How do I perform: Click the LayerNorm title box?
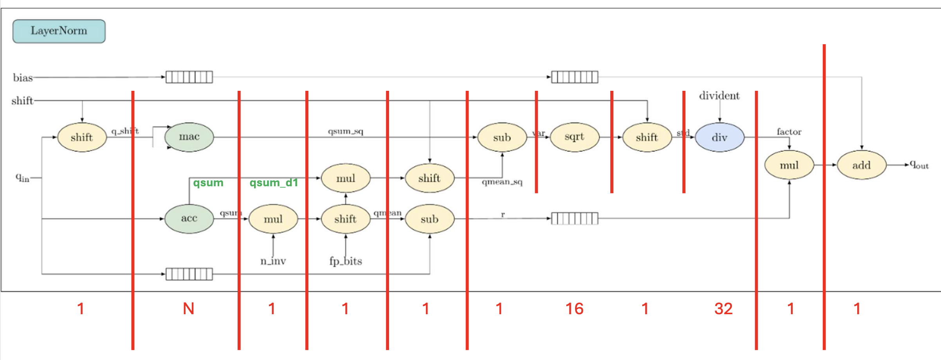click(x=59, y=31)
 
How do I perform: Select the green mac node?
click(x=189, y=137)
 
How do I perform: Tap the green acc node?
click(x=189, y=218)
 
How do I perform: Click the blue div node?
click(x=719, y=137)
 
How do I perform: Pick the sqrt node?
click(x=574, y=137)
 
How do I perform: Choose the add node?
click(x=861, y=166)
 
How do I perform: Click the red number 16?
click(x=574, y=309)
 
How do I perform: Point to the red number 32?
click(x=723, y=309)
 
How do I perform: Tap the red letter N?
click(x=189, y=309)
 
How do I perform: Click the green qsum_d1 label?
click(x=274, y=183)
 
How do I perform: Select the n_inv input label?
click(x=273, y=261)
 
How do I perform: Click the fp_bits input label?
click(x=345, y=261)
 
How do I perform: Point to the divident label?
click(x=719, y=96)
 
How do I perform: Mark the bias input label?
click(x=23, y=78)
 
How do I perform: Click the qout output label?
click(x=919, y=165)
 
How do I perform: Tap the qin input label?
click(x=22, y=178)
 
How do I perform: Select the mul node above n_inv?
click(x=273, y=219)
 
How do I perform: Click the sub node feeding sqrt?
click(x=502, y=137)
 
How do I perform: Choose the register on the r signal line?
click(x=575, y=218)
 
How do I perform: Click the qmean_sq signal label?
click(x=502, y=182)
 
